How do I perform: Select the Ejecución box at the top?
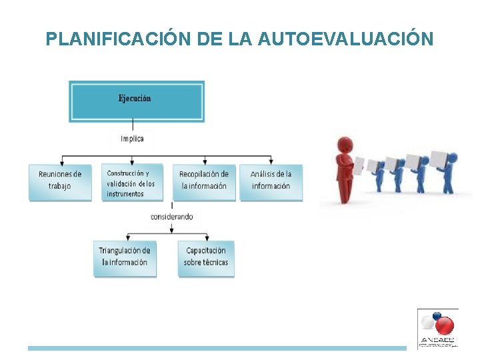(136, 101)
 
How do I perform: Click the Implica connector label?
(132, 139)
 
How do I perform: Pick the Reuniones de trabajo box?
(60, 181)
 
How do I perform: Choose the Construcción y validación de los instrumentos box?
(132, 183)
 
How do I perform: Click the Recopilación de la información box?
(204, 181)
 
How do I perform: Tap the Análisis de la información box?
(271, 181)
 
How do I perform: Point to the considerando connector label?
(172, 217)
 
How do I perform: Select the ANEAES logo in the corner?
(437, 328)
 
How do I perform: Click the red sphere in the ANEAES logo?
(443, 325)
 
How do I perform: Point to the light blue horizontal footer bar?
(217, 348)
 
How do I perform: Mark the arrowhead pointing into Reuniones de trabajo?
(61, 162)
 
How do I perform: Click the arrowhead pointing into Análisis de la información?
(271, 162)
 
